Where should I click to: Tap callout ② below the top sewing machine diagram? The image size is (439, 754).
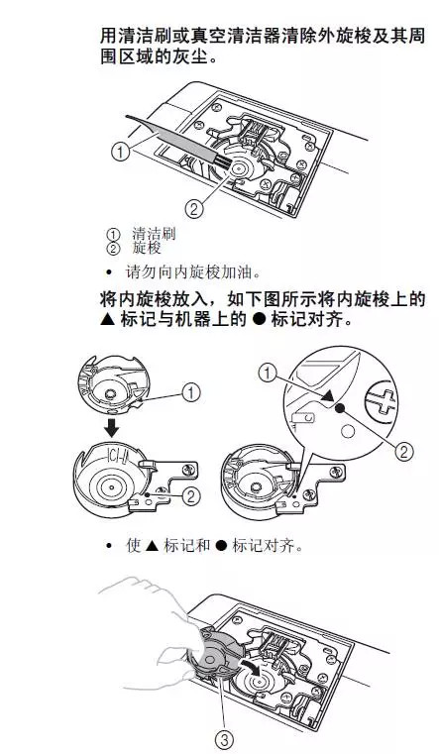[x=195, y=208]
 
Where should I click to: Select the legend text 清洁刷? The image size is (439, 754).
[x=150, y=234]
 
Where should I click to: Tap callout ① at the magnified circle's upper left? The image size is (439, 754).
[x=267, y=373]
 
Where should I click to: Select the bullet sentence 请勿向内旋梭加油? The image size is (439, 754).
[x=189, y=271]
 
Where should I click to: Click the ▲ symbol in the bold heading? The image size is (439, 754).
[x=108, y=322]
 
